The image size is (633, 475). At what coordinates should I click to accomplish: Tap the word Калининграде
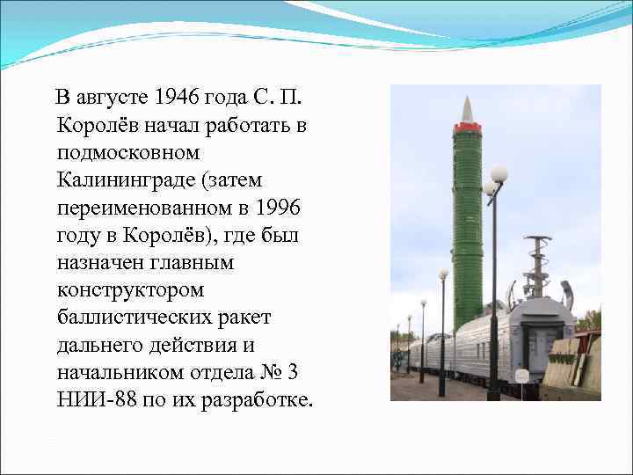[118, 179]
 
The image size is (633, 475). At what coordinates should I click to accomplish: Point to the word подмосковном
[114, 151]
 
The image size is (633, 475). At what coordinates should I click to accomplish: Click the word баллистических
[125, 317]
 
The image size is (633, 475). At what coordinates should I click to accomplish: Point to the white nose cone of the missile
[467, 111]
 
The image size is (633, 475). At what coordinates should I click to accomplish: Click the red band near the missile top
[467, 128]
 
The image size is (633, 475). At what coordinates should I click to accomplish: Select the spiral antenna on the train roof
[536, 264]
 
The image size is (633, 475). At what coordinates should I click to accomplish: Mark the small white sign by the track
[521, 376]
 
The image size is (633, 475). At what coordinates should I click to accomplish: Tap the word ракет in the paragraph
[247, 317]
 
